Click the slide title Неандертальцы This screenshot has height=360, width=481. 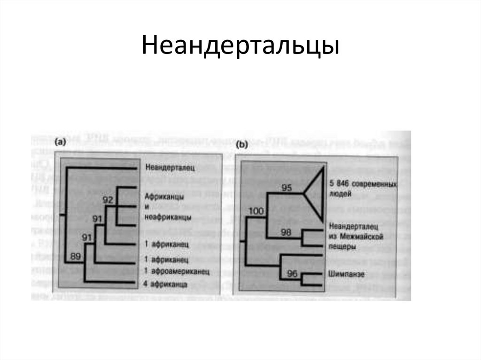click(x=240, y=46)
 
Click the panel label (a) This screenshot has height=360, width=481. click(x=61, y=142)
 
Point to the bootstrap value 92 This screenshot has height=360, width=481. click(x=108, y=200)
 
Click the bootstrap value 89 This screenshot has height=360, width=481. click(x=76, y=256)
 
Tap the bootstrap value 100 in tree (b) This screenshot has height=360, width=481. click(x=257, y=211)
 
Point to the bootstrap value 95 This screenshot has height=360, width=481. click(x=287, y=188)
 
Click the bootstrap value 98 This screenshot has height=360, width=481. click(x=287, y=232)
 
